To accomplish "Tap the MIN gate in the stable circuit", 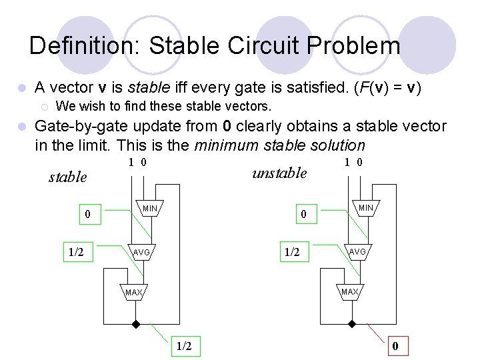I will [150, 209].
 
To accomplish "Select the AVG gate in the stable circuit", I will [141, 253].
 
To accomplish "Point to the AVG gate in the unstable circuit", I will [358, 252].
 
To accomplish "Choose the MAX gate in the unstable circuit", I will [349, 291].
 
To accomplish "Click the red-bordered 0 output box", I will [395, 346].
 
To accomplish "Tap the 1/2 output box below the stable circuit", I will [185, 346].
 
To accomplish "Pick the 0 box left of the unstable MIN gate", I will [303, 215].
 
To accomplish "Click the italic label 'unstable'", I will [279, 173].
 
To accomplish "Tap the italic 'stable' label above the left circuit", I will [68, 177].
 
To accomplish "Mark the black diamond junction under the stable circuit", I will [135, 325].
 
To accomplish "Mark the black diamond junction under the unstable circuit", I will [351, 325].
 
